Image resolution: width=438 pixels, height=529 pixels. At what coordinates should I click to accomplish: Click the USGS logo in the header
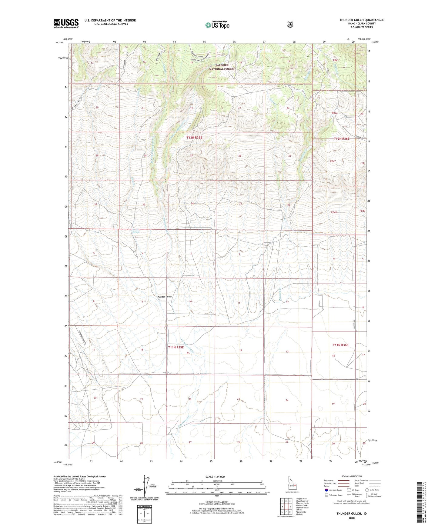(x=66, y=23)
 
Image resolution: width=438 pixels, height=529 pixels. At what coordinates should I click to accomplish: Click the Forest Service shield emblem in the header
(x=290, y=25)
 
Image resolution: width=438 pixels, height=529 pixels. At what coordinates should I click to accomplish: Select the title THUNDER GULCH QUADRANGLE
(x=361, y=20)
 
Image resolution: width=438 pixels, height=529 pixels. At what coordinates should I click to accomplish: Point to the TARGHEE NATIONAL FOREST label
(x=222, y=67)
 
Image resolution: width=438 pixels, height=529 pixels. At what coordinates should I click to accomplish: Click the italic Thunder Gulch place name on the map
(x=164, y=297)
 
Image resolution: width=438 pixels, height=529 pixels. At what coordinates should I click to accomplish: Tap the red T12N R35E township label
(x=194, y=138)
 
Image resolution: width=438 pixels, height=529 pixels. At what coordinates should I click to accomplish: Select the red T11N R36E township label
(x=340, y=345)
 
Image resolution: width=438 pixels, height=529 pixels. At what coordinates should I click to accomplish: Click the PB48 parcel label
(x=333, y=212)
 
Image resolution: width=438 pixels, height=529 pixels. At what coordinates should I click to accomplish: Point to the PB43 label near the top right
(x=335, y=60)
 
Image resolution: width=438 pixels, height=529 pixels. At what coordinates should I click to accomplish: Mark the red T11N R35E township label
(x=176, y=347)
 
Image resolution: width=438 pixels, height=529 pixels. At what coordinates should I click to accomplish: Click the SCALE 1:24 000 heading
(x=215, y=477)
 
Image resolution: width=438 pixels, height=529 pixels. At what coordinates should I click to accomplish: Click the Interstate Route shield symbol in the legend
(x=326, y=490)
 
